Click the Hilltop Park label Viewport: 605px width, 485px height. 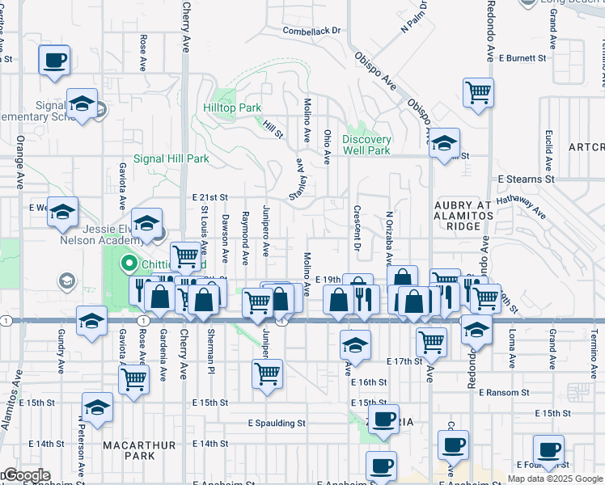(x=232, y=108)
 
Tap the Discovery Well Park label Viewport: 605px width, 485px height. (x=366, y=145)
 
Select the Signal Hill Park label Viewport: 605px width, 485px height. (x=171, y=159)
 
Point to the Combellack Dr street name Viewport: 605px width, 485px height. (x=312, y=31)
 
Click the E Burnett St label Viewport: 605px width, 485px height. (x=522, y=58)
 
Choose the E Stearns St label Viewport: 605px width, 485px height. (x=526, y=179)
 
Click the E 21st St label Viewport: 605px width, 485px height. (x=210, y=197)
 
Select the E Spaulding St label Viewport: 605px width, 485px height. (x=277, y=423)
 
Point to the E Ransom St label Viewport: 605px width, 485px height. (x=503, y=392)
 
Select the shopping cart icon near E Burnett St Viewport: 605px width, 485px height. (x=478, y=91)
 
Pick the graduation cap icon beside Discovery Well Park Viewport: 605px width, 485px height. (x=443, y=143)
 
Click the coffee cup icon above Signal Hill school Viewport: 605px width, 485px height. (x=54, y=59)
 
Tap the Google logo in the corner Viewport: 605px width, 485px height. (x=25, y=475)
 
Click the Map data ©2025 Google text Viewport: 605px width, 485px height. (x=555, y=479)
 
